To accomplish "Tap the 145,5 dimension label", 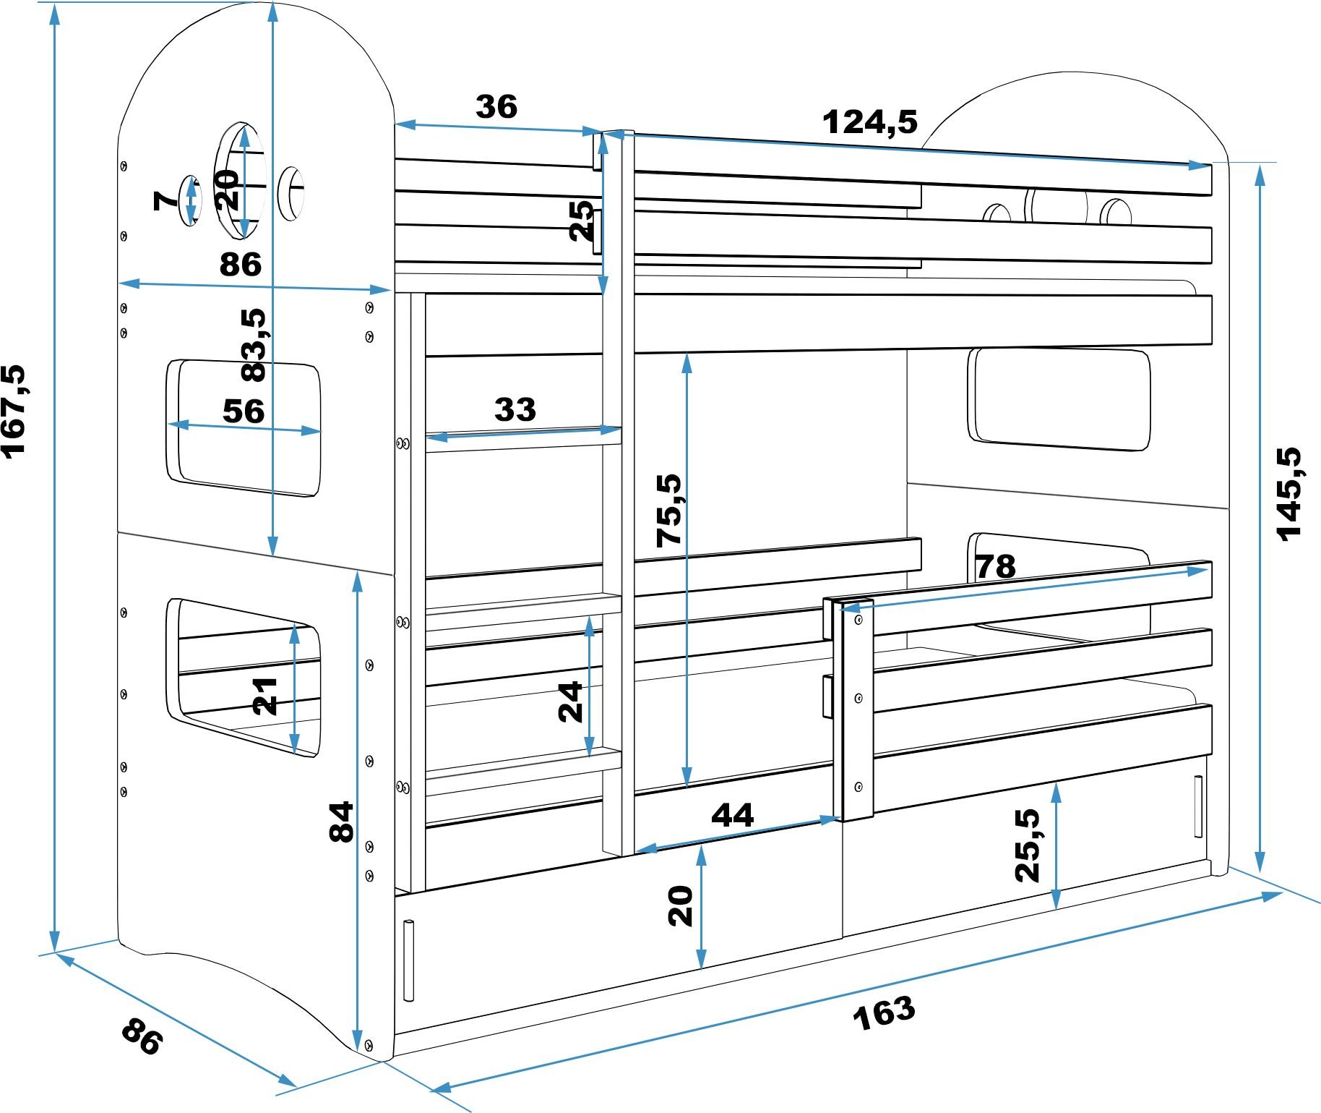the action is tap(1288, 494).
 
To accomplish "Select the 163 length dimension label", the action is tap(884, 1012).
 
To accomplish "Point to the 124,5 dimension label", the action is tap(870, 122).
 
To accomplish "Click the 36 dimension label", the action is tap(496, 107).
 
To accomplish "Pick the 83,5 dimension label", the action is tap(254, 344).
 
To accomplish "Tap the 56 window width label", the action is tap(244, 411).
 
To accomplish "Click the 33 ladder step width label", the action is tap(515, 409).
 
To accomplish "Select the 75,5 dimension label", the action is tap(668, 511).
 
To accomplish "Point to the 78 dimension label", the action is tap(996, 566).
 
